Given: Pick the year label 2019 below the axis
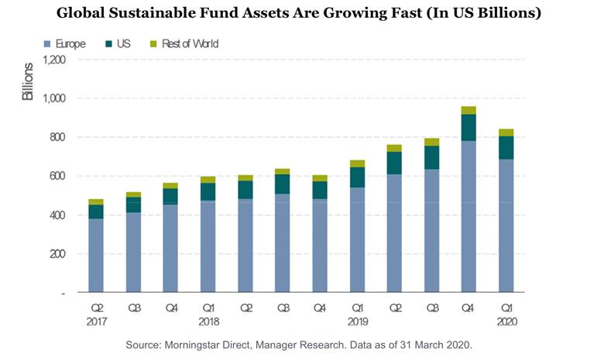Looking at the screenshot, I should (x=357, y=321).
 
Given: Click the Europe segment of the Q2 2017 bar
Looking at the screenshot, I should (x=96, y=255).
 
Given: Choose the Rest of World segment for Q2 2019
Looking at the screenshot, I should (x=395, y=148).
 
